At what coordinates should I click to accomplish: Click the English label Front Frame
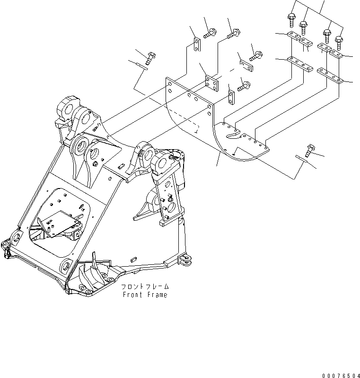coord(145,295)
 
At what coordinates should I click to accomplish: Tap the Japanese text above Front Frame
coord(145,287)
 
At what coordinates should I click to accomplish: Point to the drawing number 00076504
coord(341,375)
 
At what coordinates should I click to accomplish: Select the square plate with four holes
coord(211,83)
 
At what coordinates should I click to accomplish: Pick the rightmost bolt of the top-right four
coord(339,43)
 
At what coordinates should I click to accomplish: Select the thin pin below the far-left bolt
coord(141,66)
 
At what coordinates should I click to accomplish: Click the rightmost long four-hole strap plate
coord(330,75)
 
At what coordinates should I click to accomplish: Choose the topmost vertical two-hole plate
coord(197,45)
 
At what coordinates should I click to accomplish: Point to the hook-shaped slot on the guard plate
coord(232,134)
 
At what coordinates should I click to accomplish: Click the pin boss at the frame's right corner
coord(185,261)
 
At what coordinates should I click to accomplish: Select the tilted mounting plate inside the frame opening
coord(60,223)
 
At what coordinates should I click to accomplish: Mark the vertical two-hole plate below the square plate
coord(231,98)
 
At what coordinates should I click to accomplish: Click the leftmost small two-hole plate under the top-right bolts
coord(294,35)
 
